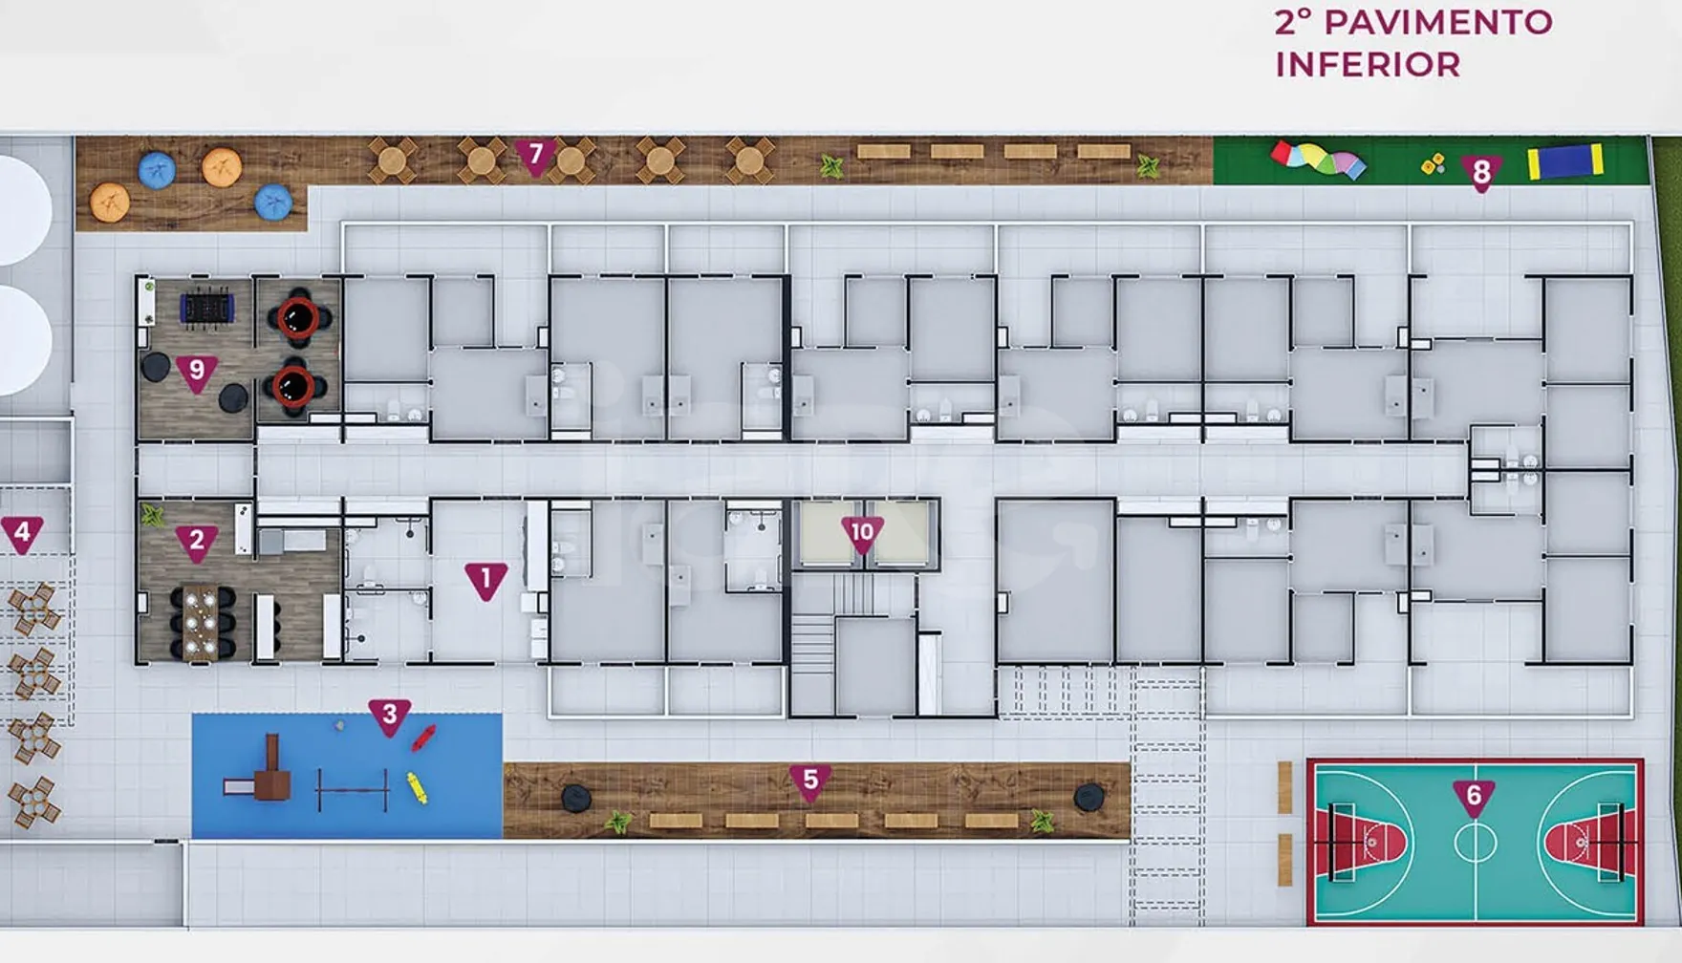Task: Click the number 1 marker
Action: click(485, 581)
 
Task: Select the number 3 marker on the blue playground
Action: click(389, 717)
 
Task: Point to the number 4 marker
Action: click(22, 534)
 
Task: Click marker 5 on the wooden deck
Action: click(810, 782)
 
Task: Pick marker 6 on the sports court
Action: click(1474, 798)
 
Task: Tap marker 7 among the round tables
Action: click(535, 157)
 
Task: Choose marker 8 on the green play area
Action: click(1481, 174)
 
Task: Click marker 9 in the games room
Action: click(197, 373)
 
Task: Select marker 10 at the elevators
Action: click(862, 534)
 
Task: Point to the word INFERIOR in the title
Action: click(1368, 65)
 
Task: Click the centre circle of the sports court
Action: click(1476, 843)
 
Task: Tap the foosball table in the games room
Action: click(206, 308)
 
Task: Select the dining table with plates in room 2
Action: click(203, 623)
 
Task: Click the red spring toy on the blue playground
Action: click(423, 737)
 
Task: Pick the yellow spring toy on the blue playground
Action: click(417, 787)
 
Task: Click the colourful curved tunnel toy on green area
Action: click(1318, 160)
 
